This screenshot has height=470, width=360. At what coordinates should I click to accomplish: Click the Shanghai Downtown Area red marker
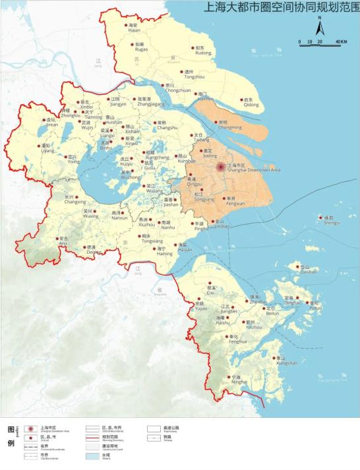[x=221, y=167]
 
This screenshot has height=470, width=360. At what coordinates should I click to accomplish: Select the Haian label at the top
[x=134, y=30]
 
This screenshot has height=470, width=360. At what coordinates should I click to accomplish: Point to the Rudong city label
[x=203, y=54]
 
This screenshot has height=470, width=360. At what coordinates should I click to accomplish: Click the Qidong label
[x=251, y=104]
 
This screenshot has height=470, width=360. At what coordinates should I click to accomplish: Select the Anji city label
[x=63, y=243]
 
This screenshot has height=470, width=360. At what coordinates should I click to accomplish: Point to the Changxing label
[x=71, y=202]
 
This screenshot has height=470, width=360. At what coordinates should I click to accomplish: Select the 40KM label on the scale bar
[x=340, y=42]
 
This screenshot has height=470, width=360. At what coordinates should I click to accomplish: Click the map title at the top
[x=280, y=9]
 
